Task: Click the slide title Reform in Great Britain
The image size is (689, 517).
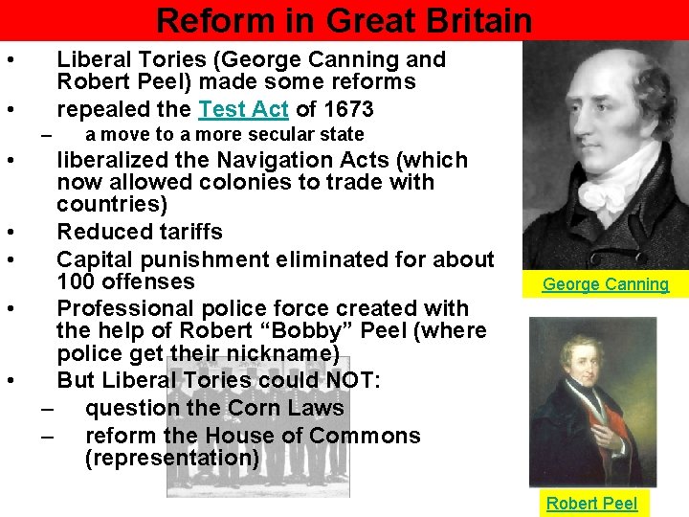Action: pyautogui.click(x=344, y=20)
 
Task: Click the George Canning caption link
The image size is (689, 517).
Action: pyautogui.click(x=606, y=283)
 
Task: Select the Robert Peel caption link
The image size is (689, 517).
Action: pyautogui.click(x=591, y=503)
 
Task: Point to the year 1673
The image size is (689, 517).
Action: pyautogui.click(x=347, y=109)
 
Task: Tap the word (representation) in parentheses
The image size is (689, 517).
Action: pyautogui.click(x=172, y=458)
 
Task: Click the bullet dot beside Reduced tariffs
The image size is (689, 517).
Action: pyautogui.click(x=8, y=233)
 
